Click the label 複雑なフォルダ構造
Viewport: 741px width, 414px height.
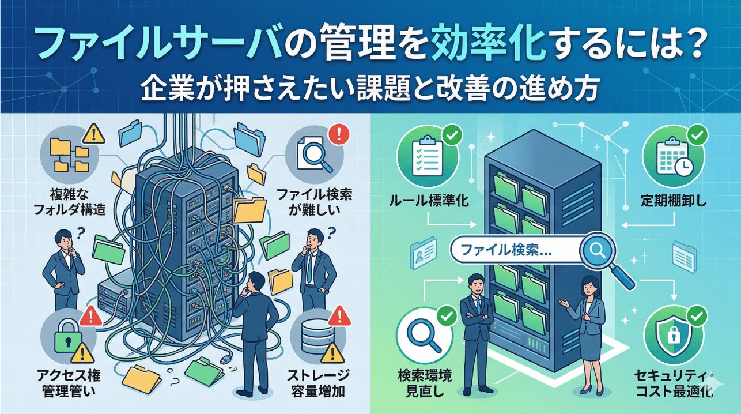(75, 202)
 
